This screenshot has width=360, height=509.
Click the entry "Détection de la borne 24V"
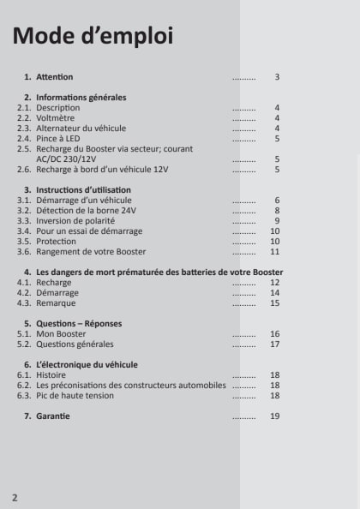87,210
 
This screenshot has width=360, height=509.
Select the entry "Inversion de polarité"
76,220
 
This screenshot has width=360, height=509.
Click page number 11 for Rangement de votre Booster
275,252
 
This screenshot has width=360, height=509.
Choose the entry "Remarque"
56,302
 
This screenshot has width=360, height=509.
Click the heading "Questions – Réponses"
79,323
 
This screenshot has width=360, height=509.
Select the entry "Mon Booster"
61,333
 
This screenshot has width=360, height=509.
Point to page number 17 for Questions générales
275,344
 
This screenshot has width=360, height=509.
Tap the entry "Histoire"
51,375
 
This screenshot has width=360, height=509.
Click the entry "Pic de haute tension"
75,396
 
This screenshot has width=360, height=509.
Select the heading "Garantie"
53,416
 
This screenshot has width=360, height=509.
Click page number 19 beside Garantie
275,416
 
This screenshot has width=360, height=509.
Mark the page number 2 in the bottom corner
15,497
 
